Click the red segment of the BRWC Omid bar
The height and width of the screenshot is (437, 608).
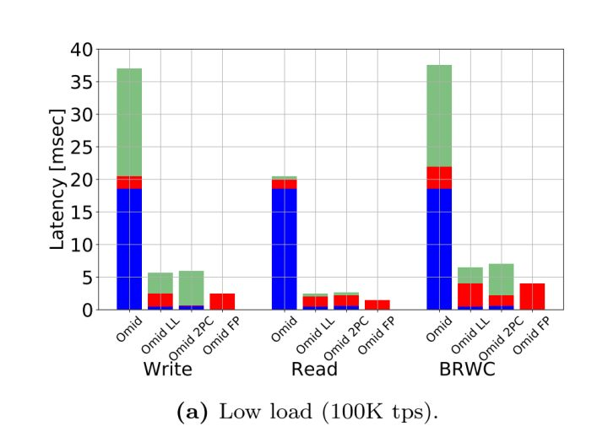[x=439, y=177]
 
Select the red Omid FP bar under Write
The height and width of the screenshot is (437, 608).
[x=222, y=301]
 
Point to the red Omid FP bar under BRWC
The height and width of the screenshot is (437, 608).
[x=532, y=296]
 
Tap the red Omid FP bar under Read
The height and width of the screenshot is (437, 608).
[x=377, y=305]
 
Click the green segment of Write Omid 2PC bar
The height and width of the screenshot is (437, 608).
[x=191, y=288]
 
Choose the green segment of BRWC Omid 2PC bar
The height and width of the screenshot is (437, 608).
[x=501, y=279]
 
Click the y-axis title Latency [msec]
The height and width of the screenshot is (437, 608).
[x=57, y=179]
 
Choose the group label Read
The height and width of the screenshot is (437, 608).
[x=315, y=369]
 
